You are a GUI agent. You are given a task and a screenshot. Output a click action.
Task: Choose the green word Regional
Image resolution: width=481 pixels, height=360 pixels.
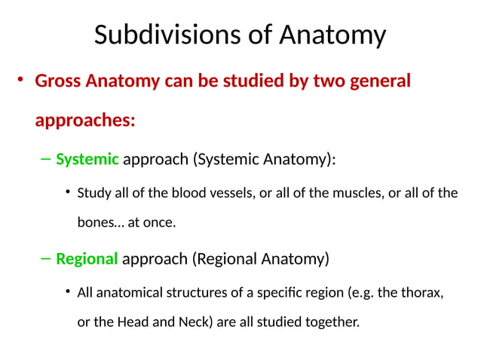(x=87, y=259)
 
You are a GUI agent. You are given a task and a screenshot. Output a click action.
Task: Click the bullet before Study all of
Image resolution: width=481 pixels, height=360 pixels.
(x=69, y=193)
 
